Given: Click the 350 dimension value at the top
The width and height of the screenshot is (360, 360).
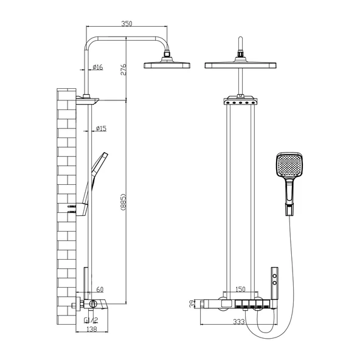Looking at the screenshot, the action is (126, 24).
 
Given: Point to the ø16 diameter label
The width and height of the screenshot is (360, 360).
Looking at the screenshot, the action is (98, 67).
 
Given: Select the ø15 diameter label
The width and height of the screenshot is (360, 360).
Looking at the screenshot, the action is (101, 128).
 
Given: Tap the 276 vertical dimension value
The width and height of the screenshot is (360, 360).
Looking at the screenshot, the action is (123, 69).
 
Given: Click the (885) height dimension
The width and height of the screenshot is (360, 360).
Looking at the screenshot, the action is (123, 202).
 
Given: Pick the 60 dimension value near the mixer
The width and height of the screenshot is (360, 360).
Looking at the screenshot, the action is (100, 289).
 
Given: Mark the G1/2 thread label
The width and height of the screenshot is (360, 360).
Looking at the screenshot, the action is (91, 320).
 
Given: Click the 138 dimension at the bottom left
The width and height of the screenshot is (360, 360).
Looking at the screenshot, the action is (92, 329).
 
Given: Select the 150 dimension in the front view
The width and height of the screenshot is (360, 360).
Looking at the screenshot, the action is (240, 289).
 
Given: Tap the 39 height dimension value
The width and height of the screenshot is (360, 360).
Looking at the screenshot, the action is (192, 304).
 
